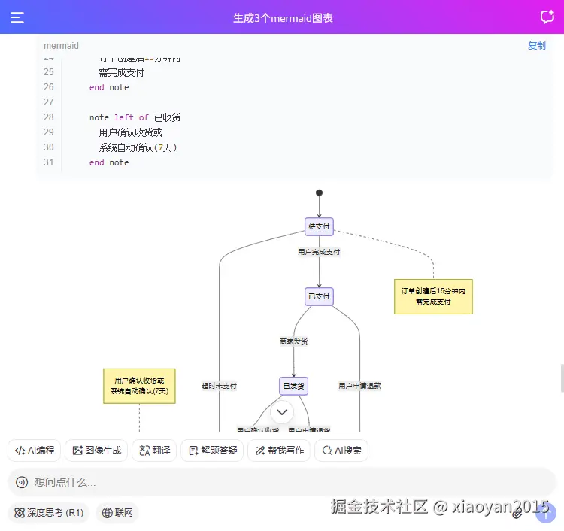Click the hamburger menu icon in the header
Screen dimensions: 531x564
pos(17,17)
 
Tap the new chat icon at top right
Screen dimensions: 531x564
pos(547,17)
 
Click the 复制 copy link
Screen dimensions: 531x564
pos(536,46)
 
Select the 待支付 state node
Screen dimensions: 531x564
pos(319,226)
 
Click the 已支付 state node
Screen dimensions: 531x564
pos(319,296)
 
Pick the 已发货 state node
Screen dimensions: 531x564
pos(293,386)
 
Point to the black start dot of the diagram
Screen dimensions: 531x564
pos(319,193)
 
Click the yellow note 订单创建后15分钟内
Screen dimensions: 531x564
pos(433,296)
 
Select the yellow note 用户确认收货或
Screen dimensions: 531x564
pos(139,386)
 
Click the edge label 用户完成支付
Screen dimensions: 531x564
pos(319,252)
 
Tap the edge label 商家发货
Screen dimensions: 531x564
pos(293,341)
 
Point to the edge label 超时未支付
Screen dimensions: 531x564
pos(219,386)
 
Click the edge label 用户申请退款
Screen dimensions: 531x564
pos(359,386)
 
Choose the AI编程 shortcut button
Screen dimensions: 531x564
pos(35,451)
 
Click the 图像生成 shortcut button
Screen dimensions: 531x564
pos(96,451)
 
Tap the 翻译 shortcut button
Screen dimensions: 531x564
pos(154,451)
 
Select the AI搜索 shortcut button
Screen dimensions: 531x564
pos(341,451)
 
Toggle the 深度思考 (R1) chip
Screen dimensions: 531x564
pos(48,513)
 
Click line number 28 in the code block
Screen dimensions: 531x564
pos(49,117)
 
